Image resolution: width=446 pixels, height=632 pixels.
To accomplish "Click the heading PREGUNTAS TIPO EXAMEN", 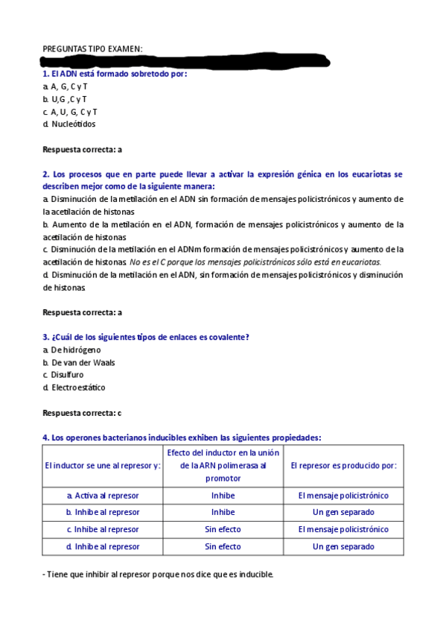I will tap(92, 49).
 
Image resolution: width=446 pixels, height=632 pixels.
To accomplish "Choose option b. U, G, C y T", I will tap(65, 99).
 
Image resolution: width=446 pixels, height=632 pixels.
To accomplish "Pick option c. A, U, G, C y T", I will tap(70, 112).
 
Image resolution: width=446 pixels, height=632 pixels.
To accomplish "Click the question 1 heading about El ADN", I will tap(115, 75).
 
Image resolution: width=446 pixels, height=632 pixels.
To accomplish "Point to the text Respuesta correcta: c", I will tap(82, 413).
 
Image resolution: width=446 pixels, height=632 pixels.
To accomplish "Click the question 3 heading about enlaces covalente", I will tap(145, 337).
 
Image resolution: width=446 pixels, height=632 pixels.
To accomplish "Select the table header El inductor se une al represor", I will tap(103, 465).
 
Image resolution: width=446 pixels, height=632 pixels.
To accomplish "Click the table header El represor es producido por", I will tap(343, 465).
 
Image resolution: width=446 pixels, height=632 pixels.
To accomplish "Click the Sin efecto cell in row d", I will tap(223, 546).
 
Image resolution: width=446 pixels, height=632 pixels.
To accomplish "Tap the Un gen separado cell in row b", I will tap(343, 512).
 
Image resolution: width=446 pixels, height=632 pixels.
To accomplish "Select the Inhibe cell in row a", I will tap(223, 495).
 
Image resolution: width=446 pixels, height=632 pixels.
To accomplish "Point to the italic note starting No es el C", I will tap(255, 262).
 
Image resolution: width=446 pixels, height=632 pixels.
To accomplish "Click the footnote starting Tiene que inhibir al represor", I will tap(159, 575).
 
